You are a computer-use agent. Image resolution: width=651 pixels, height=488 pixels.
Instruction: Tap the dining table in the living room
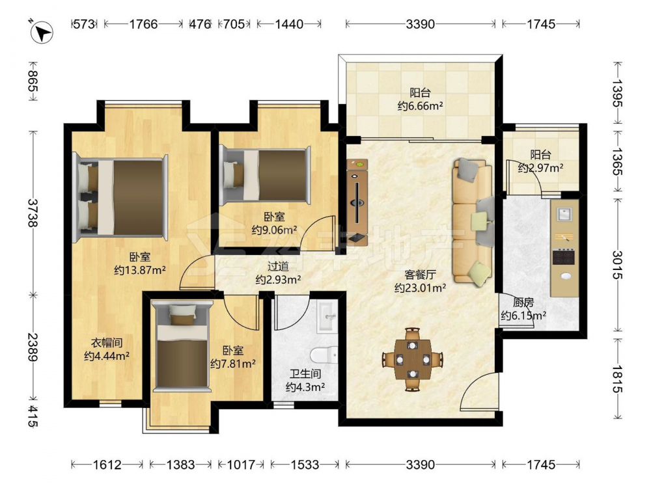(413, 359)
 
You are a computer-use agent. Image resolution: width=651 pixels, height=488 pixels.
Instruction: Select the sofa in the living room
(473, 222)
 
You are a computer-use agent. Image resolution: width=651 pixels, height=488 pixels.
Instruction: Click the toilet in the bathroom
(324, 356)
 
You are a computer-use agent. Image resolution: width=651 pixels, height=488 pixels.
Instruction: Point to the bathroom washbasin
(327, 318)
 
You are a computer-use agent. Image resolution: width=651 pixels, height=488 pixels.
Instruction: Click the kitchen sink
(564, 215)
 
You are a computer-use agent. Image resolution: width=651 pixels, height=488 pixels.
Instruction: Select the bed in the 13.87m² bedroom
(120, 198)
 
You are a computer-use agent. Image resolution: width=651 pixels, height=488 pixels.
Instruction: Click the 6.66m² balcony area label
(420, 99)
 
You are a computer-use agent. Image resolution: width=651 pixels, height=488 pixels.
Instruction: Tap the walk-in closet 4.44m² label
(107, 349)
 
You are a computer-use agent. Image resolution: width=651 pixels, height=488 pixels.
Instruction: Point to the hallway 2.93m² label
(278, 273)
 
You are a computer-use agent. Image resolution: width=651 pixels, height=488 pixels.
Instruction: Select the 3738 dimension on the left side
(33, 212)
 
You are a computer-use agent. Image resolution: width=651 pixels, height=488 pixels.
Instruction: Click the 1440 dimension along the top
(289, 24)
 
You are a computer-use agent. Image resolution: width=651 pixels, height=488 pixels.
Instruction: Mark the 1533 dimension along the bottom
(305, 465)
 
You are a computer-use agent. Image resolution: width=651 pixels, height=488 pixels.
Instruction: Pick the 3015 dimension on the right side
(617, 265)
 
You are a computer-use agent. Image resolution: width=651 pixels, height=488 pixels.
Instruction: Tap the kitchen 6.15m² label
(523, 309)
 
